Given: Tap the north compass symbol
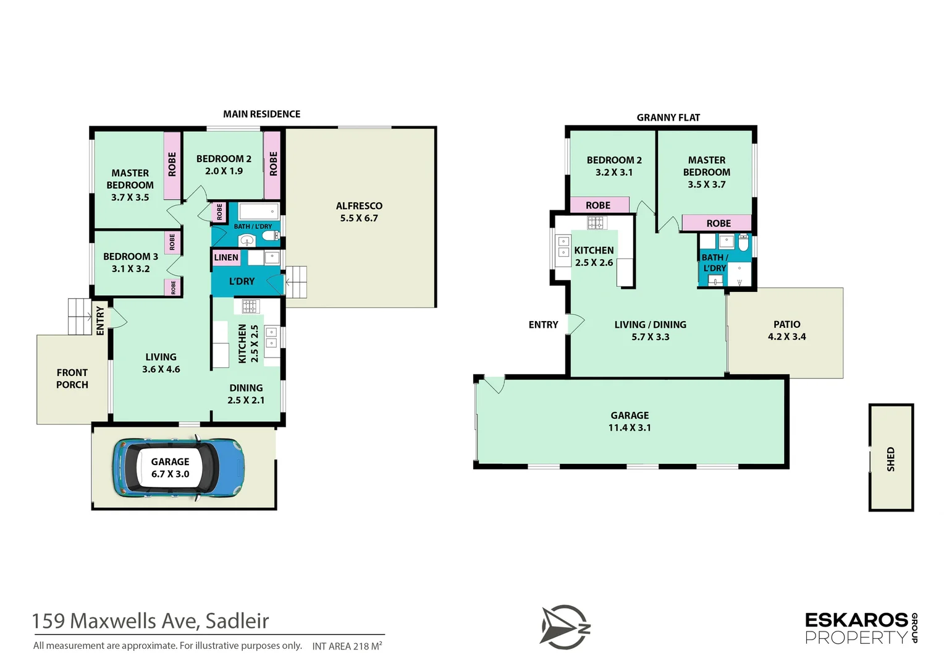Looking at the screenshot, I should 564,627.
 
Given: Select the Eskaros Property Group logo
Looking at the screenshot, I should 861,628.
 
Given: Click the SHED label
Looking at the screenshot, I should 890,459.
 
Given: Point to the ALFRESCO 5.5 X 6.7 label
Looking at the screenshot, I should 359,212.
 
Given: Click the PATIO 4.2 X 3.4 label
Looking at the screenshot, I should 786,330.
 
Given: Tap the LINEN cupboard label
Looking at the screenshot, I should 226,257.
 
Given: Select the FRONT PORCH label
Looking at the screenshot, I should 72,379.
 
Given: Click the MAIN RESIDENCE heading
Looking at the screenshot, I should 261,114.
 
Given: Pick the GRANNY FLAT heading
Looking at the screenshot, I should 668,118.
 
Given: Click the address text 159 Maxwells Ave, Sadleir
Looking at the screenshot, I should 150,620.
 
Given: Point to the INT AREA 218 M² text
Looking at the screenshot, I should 347,646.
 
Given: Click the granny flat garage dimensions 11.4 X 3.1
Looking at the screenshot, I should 630,427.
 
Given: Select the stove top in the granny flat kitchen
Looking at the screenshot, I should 595,223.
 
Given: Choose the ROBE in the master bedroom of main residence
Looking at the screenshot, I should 172,165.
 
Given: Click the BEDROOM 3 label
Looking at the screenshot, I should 130,256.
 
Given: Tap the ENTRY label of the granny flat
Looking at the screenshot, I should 543,325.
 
